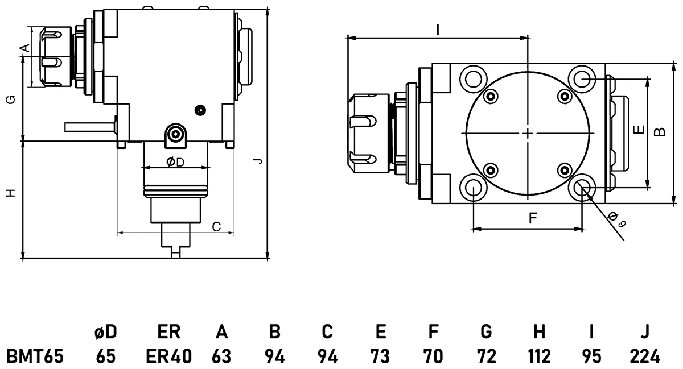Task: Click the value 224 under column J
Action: click(644, 356)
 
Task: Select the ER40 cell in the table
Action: click(168, 356)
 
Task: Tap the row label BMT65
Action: click(35, 356)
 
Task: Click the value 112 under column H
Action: click(538, 356)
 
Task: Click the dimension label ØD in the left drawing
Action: click(175, 163)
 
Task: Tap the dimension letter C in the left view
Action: click(216, 227)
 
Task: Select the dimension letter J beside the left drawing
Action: click(258, 161)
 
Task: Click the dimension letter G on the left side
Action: click(10, 101)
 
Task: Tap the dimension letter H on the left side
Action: click(10, 193)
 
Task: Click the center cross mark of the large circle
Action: click(529, 133)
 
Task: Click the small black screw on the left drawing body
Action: click(199, 109)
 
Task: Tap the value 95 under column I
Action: click(592, 356)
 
